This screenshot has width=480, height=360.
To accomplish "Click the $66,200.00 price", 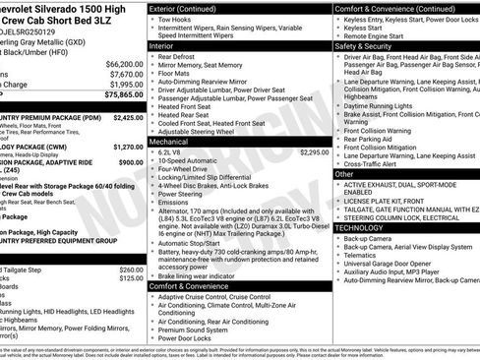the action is pos(119,62).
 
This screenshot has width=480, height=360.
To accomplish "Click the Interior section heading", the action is pos(165,45).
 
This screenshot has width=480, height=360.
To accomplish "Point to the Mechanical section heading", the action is pos(171,142).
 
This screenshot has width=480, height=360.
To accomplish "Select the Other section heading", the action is pos(345,173).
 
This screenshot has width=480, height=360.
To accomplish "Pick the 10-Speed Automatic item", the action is pos(196,160).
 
